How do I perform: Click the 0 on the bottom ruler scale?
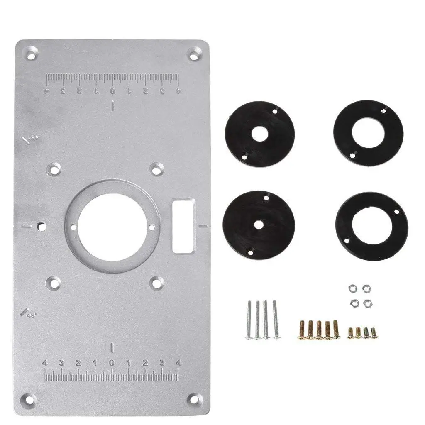112,363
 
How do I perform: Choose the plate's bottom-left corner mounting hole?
31,399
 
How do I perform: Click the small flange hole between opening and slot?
151,227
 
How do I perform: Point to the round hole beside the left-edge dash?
41,226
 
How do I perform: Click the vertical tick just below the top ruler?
112,106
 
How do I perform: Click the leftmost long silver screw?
249,320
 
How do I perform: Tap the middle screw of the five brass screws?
319,330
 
